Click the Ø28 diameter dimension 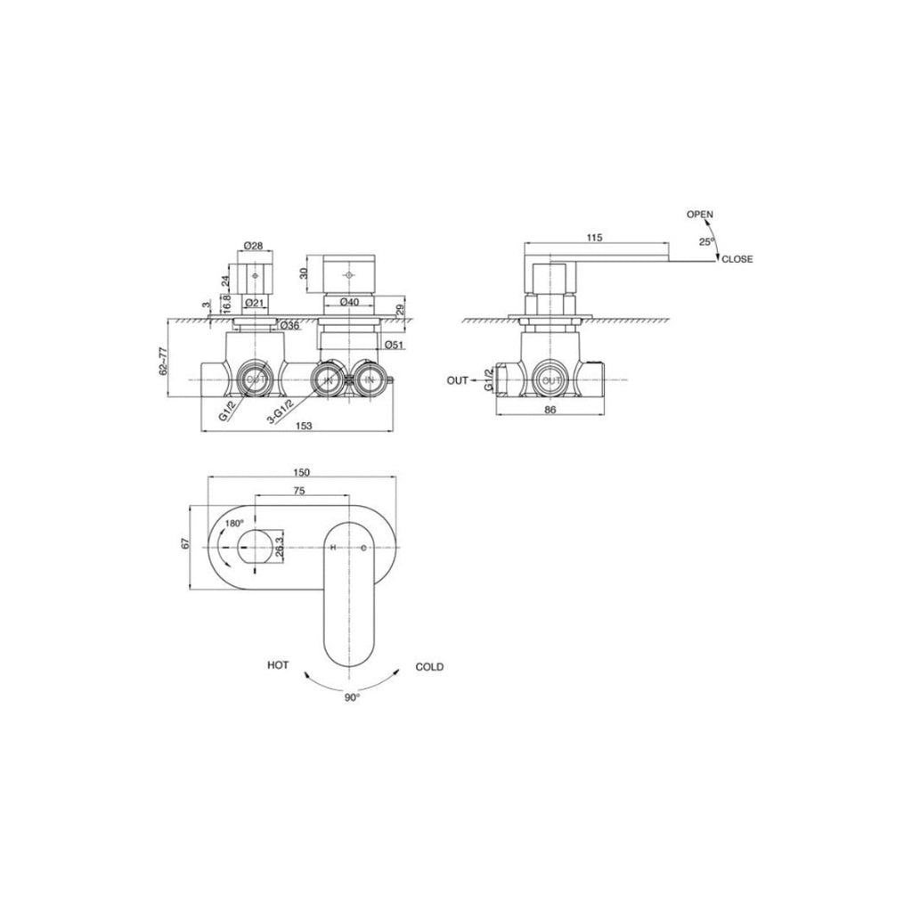(x=253, y=245)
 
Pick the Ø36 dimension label (x=289, y=326)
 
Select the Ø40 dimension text (x=349, y=303)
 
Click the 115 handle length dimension (x=596, y=237)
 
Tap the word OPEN (x=699, y=214)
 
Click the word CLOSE (x=737, y=259)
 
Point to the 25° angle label (x=706, y=241)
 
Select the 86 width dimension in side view (x=550, y=410)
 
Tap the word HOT (x=277, y=665)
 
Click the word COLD (x=429, y=666)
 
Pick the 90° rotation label (x=353, y=697)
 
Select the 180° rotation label (x=234, y=524)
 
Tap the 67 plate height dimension (x=185, y=544)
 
